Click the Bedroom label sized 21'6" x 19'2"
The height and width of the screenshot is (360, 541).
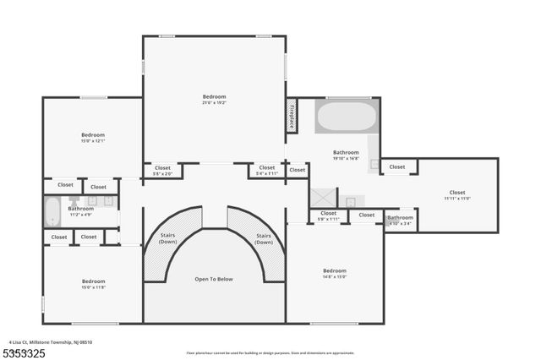coord(215,99)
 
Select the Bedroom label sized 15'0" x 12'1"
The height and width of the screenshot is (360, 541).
coord(93,138)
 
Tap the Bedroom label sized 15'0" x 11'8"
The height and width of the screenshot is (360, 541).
coord(93,283)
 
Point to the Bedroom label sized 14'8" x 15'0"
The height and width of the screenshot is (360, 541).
coord(335,275)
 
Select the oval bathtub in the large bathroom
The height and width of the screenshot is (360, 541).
coord(347,116)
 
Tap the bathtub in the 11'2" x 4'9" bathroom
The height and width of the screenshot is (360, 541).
coord(52,208)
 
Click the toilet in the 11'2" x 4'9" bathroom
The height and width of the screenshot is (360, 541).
coord(74,202)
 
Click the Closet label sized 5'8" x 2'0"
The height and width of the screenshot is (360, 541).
coord(163,170)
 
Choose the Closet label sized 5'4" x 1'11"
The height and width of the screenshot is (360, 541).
coord(267,170)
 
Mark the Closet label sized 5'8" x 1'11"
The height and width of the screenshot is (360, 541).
coord(328,215)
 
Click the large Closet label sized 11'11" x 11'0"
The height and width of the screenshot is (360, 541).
coord(456,194)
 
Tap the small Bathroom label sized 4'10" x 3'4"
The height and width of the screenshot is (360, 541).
coord(401,221)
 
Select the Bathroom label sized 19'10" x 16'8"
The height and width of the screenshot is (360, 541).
coord(346,155)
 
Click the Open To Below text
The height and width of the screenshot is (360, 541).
coord(214,279)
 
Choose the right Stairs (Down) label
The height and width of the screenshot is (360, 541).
coord(264,239)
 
